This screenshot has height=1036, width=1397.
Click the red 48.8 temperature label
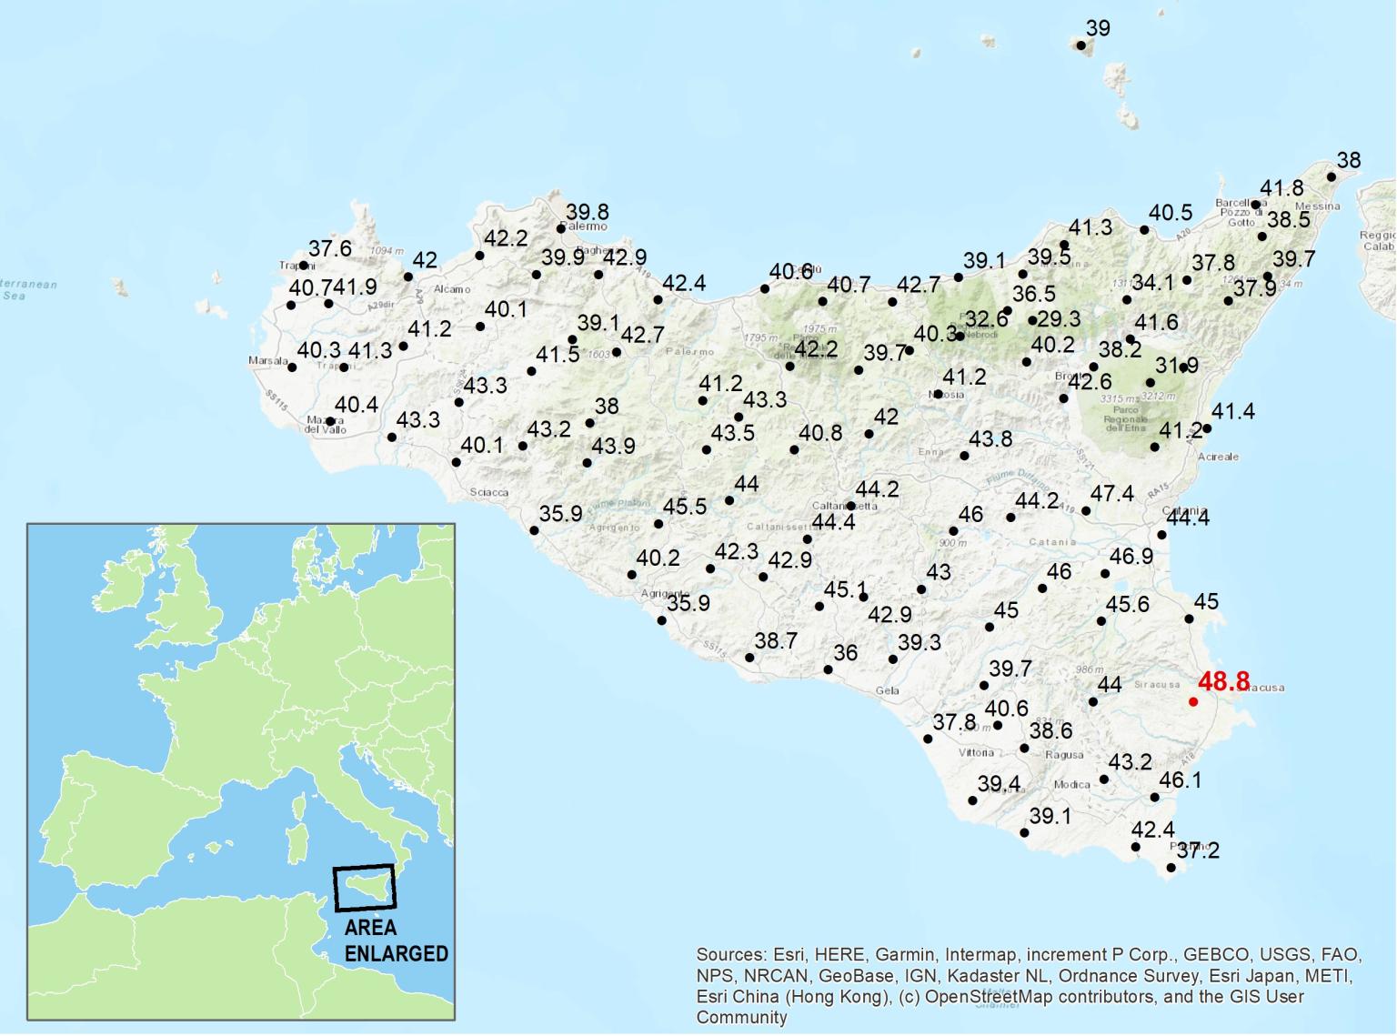[x=1223, y=681]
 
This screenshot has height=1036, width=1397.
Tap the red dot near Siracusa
[x=1193, y=701]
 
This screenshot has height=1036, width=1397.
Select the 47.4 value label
[x=1112, y=494]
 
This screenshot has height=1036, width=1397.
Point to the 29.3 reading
[x=1059, y=319]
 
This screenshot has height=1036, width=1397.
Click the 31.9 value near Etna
[x=1177, y=366]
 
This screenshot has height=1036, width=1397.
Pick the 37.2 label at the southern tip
[x=1198, y=851]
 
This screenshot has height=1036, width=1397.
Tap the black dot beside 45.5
[x=658, y=525]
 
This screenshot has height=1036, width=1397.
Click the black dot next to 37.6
[x=304, y=266]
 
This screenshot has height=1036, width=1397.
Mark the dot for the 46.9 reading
[x=1105, y=574]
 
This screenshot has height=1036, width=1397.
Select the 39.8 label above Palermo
[x=587, y=213]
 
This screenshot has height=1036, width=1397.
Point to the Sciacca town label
[x=489, y=492]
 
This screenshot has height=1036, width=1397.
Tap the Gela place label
[x=887, y=690]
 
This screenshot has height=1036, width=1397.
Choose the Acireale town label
[x=1218, y=457]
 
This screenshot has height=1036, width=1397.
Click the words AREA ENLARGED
[x=396, y=940]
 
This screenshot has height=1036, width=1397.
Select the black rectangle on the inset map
[x=365, y=887]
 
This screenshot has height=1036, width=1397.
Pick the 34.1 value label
[x=1152, y=283]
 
